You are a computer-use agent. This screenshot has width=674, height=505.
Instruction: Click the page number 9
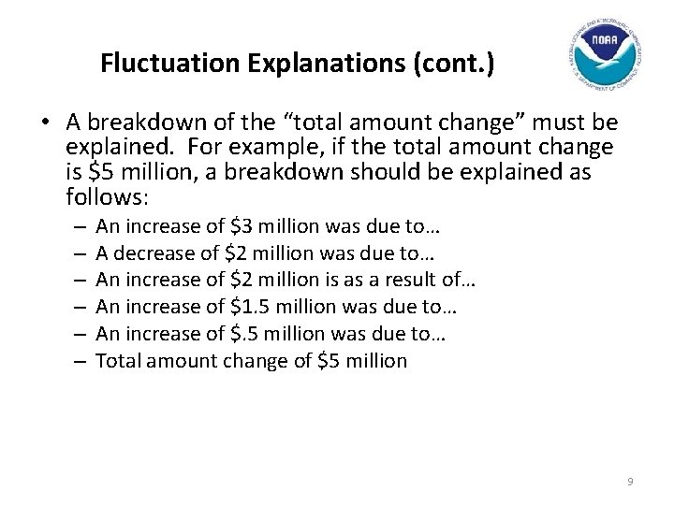(x=630, y=482)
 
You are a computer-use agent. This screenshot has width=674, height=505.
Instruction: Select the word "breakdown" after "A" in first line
(x=155, y=123)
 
